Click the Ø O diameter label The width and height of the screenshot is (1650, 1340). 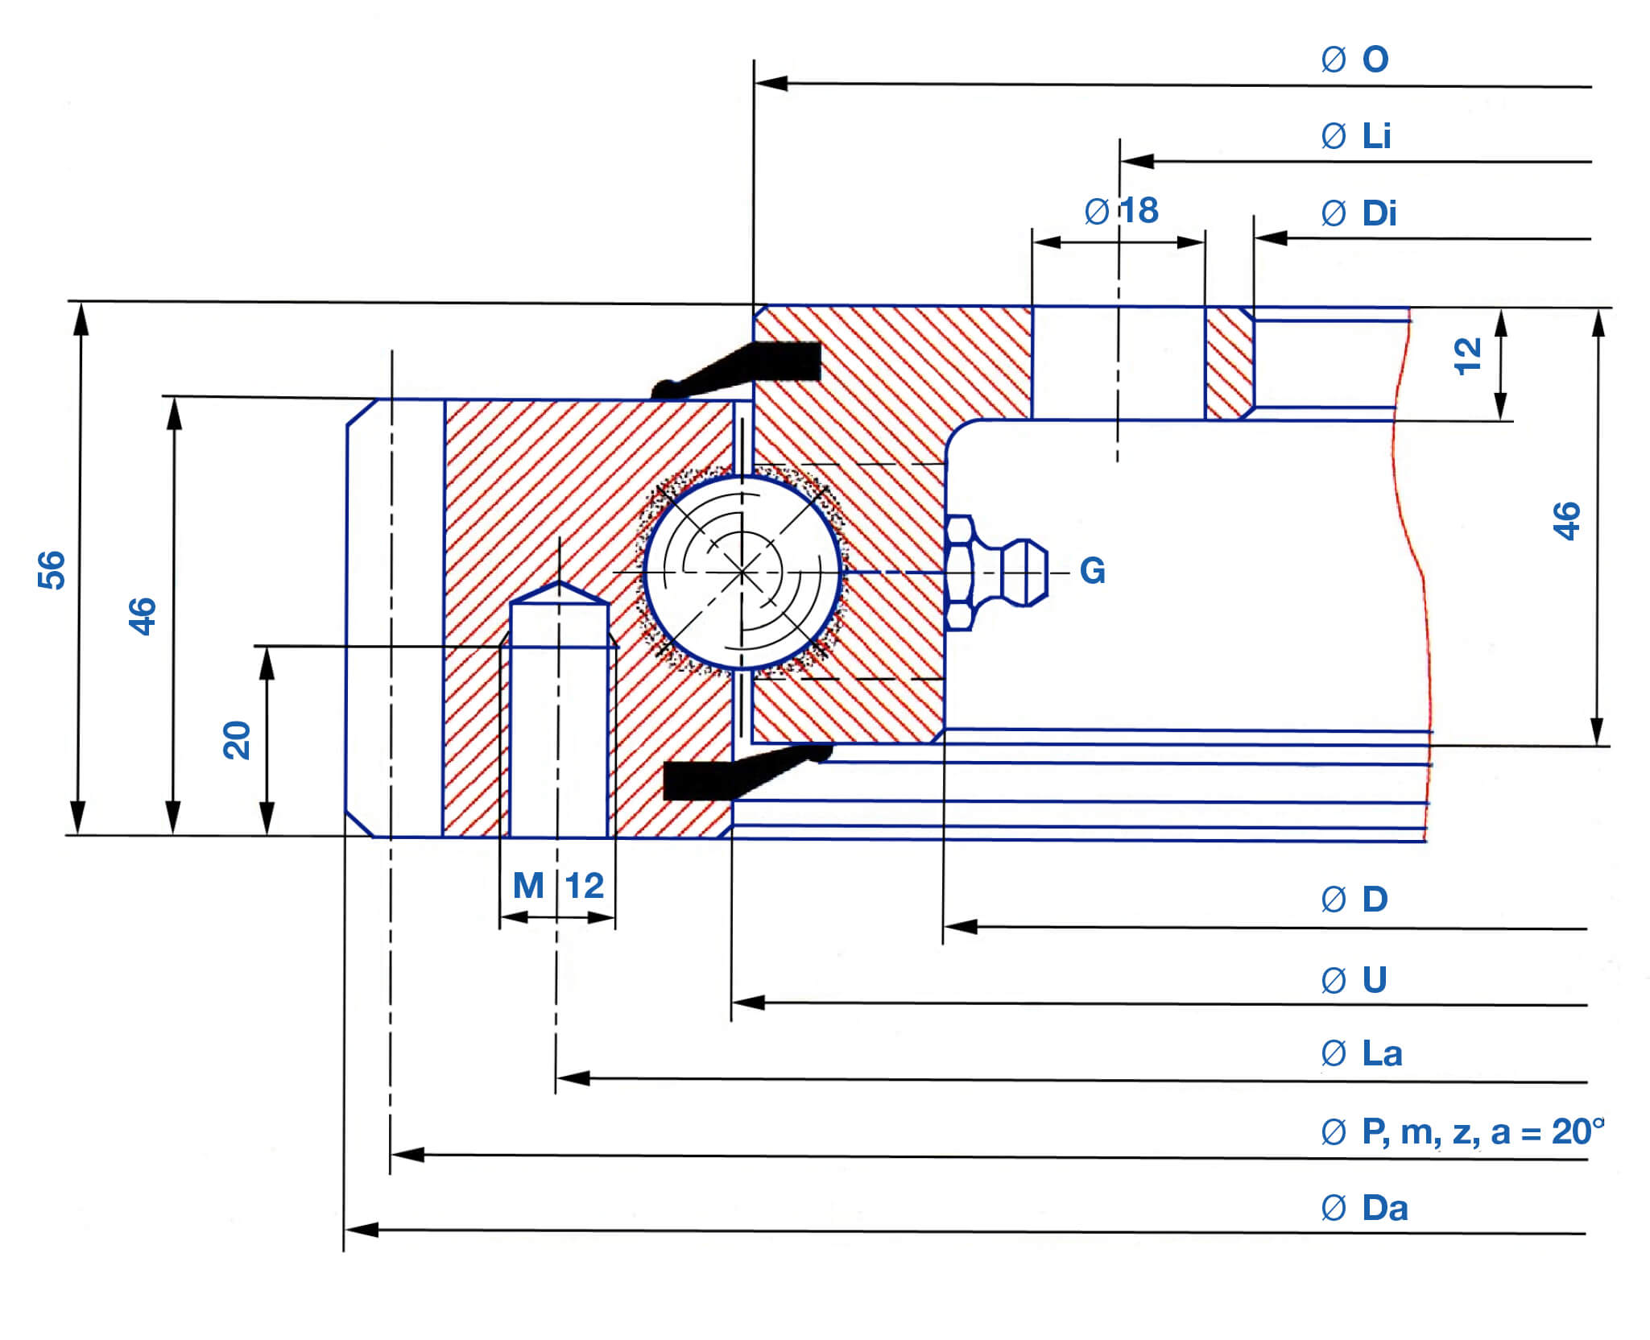(1355, 60)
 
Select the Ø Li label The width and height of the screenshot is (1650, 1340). (1356, 136)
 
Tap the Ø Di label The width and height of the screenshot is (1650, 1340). (1358, 213)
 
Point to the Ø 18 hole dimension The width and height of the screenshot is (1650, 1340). (1122, 211)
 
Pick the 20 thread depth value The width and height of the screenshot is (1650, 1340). (237, 740)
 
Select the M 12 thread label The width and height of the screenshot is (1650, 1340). (558, 886)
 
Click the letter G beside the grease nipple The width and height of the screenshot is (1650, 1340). (1093, 571)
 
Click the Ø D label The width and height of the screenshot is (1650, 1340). (1354, 900)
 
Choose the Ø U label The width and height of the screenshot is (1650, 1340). (1354, 980)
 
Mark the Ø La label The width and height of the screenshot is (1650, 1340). (1362, 1053)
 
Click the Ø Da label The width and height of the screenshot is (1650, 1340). (1364, 1208)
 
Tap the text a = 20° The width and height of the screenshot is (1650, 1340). (1547, 1132)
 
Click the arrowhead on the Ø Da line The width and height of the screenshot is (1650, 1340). (362, 1230)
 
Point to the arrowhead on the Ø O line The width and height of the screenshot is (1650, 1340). (771, 83)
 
